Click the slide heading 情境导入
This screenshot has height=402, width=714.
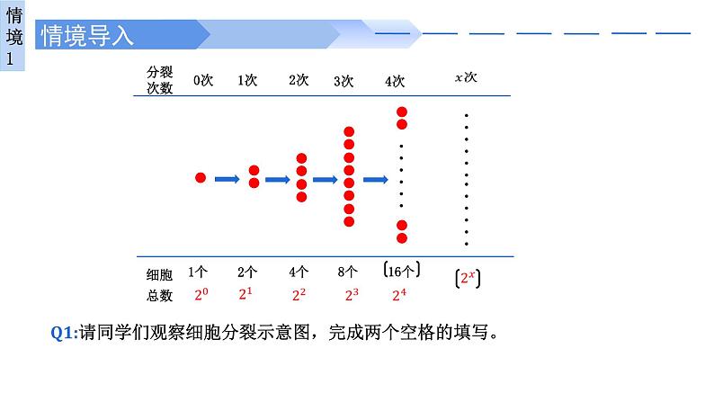(86, 36)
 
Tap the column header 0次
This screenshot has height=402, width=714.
(203, 80)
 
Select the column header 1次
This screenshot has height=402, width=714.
(247, 80)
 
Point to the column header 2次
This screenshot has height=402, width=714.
(299, 80)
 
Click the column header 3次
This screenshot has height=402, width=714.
(344, 81)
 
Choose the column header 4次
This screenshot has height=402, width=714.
(394, 81)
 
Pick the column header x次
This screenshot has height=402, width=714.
(465, 78)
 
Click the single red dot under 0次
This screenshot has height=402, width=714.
(201, 178)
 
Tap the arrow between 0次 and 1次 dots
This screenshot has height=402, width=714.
(228, 179)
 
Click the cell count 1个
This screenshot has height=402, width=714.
(199, 272)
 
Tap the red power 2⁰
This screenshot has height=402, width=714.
(201, 294)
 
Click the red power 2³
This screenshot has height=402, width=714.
(352, 294)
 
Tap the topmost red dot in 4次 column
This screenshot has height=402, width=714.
(402, 112)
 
